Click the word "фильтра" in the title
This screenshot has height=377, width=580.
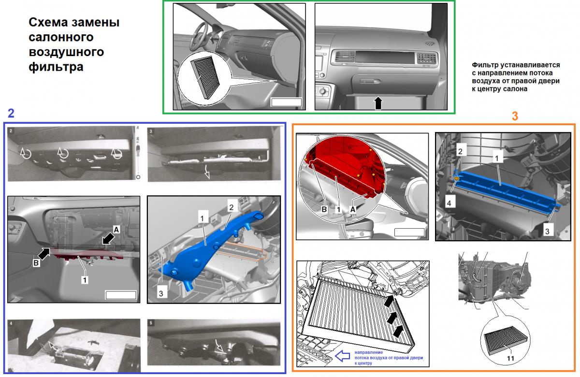56,67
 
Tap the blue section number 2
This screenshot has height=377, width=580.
11,114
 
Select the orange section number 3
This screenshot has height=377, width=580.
515,116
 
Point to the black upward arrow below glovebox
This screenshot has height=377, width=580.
378,103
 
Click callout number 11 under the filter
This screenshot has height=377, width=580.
510,358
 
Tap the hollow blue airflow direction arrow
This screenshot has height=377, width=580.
342,356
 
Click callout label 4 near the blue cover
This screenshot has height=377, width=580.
449,203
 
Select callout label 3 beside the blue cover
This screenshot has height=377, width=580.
547,231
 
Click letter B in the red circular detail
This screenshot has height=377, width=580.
324,209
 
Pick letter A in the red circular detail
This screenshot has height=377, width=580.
353,209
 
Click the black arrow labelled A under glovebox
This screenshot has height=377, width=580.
108,238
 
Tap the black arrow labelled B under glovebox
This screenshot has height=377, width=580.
44,253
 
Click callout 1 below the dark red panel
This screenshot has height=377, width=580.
85,280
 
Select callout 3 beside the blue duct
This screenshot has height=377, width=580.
161,293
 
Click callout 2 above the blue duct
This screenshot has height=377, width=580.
231,207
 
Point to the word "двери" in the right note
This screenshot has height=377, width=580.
549,81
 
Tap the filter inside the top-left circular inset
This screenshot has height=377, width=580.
205,78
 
